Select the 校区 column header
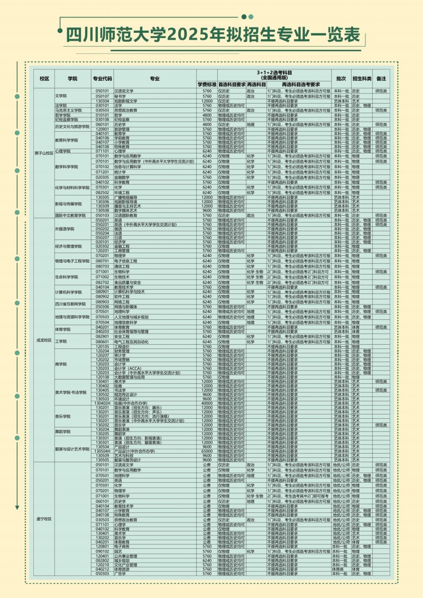[44, 78]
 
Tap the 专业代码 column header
[102, 78]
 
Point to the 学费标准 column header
[207, 84]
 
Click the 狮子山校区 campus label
[44, 153]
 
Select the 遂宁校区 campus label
[44, 519]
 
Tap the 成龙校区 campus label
[44, 340]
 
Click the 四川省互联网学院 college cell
[70, 304]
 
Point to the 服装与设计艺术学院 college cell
[72, 448]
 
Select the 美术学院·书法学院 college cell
[71, 392]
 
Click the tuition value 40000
[207, 403]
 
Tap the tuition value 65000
[207, 451]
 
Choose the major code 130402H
[103, 403]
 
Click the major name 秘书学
[120, 96]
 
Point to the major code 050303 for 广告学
[102, 573]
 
